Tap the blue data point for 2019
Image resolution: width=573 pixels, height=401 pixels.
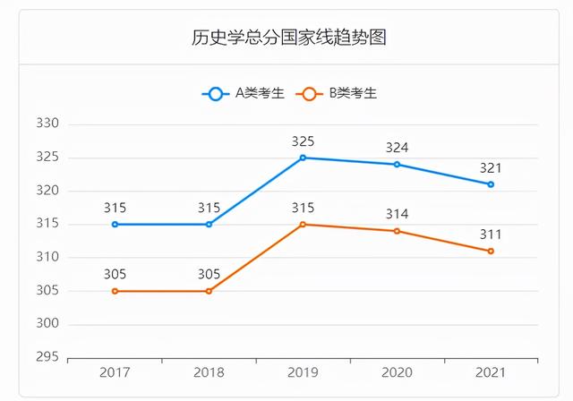coord(303,158)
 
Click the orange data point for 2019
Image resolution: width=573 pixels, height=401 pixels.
coord(303,224)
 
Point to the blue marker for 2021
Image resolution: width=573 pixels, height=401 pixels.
coord(491,184)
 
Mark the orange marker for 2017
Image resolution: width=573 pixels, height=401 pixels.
coord(115,291)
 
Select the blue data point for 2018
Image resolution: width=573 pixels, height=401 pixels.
coord(209,224)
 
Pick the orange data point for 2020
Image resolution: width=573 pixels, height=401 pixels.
coord(397,231)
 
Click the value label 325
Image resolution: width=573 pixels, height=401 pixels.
coord(303,141)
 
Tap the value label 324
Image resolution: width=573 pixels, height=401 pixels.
coord(397,148)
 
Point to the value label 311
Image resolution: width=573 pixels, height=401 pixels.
coord(491,235)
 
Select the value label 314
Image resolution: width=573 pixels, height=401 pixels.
coord(397,215)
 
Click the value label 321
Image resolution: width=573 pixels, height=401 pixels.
coord(491,168)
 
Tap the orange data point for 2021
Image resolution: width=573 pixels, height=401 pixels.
coord(491,251)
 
